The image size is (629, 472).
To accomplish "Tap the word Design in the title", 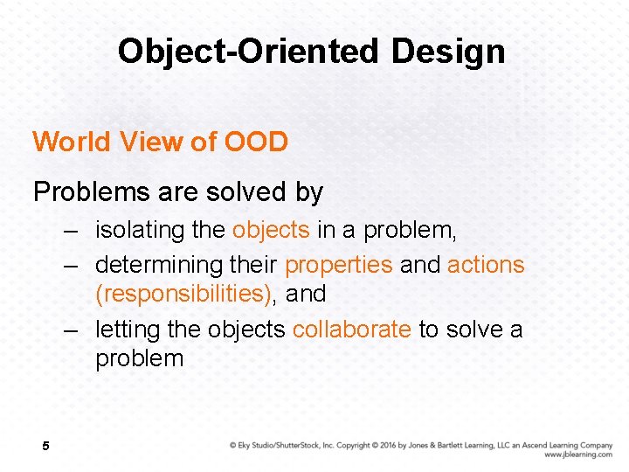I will click(448, 52).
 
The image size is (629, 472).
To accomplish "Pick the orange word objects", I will click(271, 230).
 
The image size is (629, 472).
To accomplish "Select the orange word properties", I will click(339, 265).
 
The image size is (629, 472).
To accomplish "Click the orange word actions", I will click(486, 265).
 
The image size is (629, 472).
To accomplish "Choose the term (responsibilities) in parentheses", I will click(183, 294).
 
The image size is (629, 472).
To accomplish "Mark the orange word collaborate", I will click(351, 330).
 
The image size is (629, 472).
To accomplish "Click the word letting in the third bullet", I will click(124, 330).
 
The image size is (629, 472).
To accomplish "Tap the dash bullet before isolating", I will click(73, 231).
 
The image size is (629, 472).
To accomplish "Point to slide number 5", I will click(45, 447).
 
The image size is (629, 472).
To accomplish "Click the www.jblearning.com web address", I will click(577, 455).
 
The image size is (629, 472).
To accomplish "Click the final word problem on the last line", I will click(140, 358).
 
